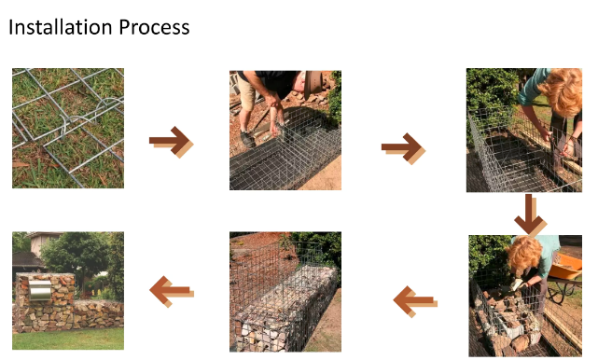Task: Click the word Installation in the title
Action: click(61, 27)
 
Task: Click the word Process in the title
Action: click(154, 27)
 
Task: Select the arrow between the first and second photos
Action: click(172, 142)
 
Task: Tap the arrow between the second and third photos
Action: click(403, 148)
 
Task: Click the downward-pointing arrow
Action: click(529, 215)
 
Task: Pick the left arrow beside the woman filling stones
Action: click(415, 301)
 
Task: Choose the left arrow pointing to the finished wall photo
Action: click(172, 291)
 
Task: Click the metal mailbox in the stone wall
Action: click(40, 290)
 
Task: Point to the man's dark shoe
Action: click(247, 139)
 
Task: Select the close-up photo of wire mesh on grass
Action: click(68, 128)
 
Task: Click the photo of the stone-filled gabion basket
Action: click(285, 292)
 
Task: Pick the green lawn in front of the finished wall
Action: click(68, 339)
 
